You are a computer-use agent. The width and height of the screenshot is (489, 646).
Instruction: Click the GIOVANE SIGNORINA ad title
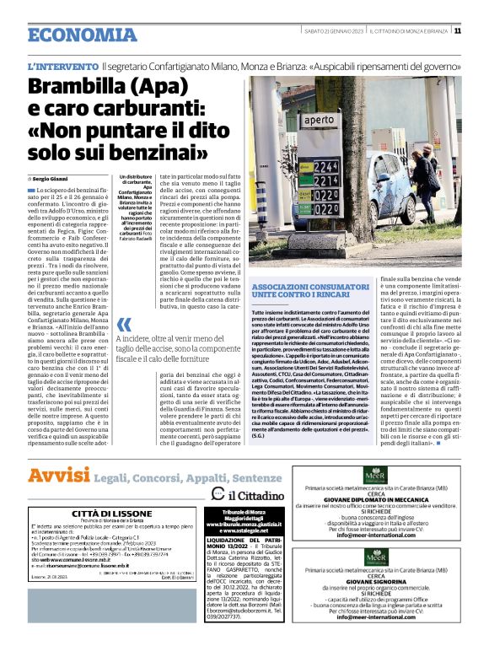(371, 580)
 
